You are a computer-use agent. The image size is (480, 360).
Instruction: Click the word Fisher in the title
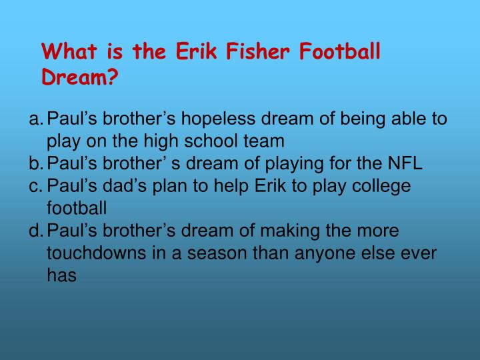pyautogui.click(x=257, y=51)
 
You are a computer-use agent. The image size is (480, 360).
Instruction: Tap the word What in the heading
pyautogui.click(x=69, y=51)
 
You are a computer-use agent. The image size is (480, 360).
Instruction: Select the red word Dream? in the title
pyautogui.click(x=79, y=77)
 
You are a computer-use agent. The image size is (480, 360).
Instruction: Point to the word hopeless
pyautogui.click(x=218, y=118)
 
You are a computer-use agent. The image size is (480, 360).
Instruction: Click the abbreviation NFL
pyautogui.click(x=405, y=163)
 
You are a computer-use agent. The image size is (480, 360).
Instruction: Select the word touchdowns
pyautogui.click(x=97, y=253)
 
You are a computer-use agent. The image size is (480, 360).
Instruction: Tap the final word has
pyautogui.click(x=61, y=275)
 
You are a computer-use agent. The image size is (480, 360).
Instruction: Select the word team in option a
pyautogui.click(x=264, y=141)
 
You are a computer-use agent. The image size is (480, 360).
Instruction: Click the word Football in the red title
pyautogui.click(x=340, y=51)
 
